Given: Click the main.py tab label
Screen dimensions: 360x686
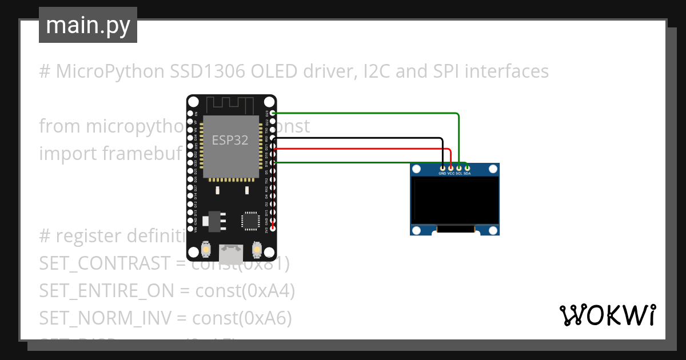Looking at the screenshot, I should coord(87,25).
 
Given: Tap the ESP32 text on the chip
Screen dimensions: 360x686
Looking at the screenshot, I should coord(230,140).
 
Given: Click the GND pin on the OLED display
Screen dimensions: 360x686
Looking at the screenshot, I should coord(442,167).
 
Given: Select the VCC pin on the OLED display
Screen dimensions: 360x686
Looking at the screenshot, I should coord(451,167).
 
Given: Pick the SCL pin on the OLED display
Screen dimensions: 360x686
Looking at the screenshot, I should coord(459,167).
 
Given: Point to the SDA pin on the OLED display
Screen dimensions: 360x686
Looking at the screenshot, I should coord(467,167).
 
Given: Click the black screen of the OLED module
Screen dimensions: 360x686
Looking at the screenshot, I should coord(454,200).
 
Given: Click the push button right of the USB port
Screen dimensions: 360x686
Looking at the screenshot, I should coord(257,250).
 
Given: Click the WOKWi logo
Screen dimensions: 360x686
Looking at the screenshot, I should coord(607,315).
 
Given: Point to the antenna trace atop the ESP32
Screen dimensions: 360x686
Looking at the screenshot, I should coord(230,105).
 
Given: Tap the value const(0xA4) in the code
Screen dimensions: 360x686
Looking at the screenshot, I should coord(245,291).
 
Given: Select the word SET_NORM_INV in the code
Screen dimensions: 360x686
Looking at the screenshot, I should coord(108,318).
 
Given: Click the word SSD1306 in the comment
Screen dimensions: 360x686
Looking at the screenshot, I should coord(208,71).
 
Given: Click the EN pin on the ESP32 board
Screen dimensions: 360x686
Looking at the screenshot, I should coord(190,114).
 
